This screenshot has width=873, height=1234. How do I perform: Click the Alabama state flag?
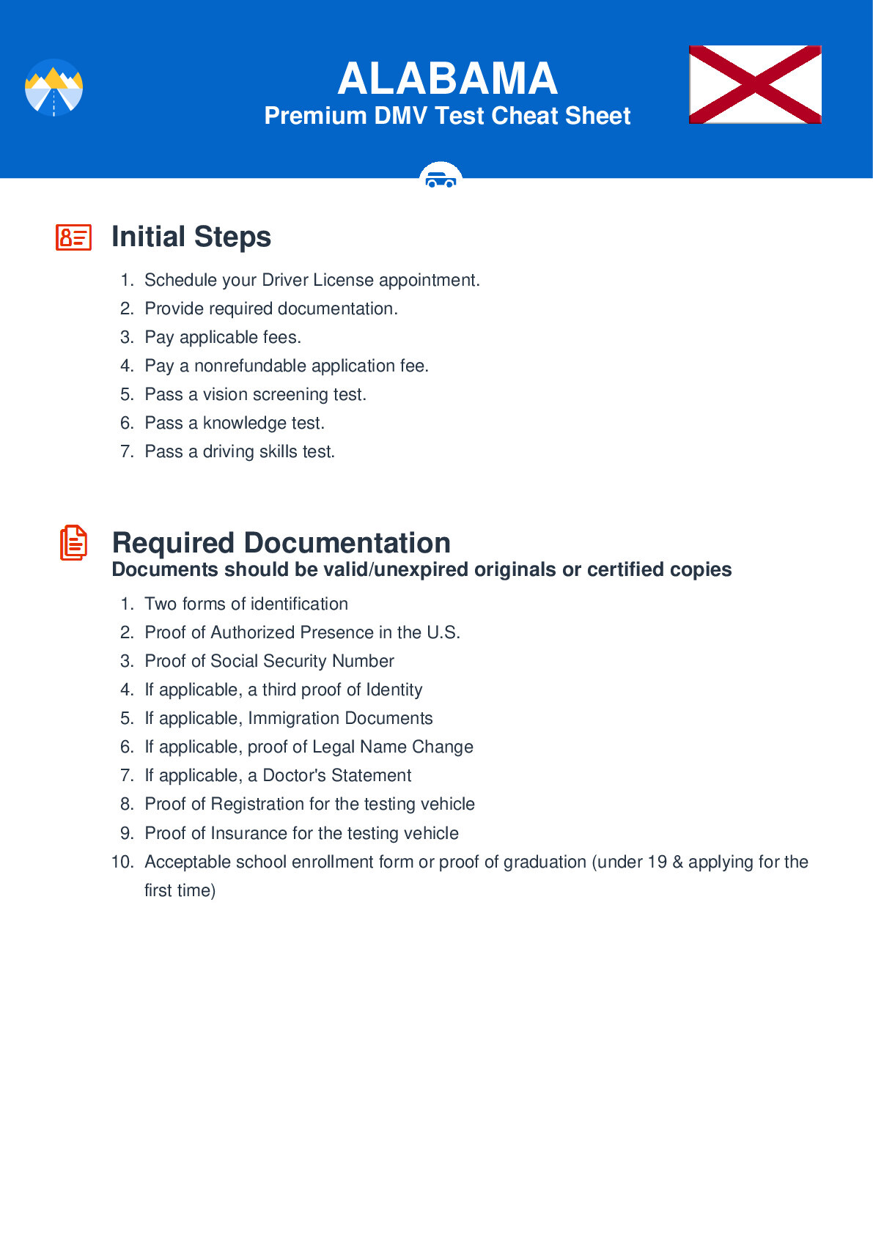[755, 84]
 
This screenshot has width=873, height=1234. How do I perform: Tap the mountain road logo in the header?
[54, 87]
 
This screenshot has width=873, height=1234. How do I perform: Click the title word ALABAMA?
[447, 78]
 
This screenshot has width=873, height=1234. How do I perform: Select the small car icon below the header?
[441, 178]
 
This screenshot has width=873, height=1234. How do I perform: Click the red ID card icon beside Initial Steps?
[73, 237]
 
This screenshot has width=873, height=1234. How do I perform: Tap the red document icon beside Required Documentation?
[73, 543]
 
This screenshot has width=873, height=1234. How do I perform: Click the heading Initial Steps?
[191, 237]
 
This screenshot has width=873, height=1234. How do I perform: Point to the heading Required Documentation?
[281, 543]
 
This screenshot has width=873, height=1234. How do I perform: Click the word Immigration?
[293, 718]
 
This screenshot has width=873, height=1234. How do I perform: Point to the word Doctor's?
[294, 775]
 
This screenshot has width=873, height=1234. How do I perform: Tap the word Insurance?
[248, 833]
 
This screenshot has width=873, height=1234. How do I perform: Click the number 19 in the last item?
[657, 862]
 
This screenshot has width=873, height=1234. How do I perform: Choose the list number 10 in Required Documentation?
[122, 862]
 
